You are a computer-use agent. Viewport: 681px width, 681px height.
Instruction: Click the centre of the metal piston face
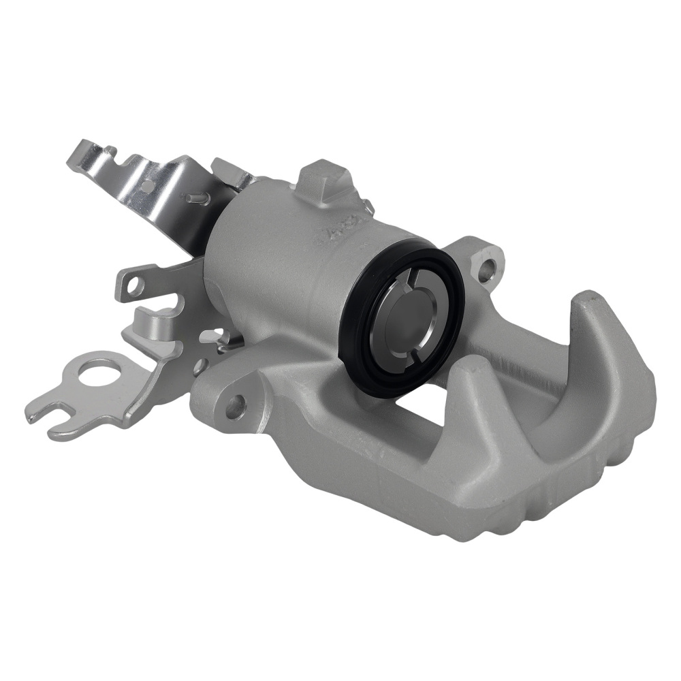click(402, 320)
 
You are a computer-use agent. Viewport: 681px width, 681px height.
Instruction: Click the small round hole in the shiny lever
click(148, 184)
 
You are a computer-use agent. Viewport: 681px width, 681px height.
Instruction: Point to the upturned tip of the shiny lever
click(78, 153)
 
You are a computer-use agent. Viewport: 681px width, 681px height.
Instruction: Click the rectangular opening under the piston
click(422, 409)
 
